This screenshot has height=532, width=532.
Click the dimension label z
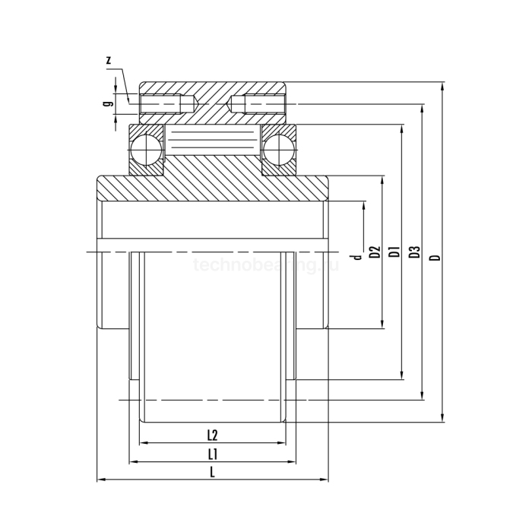(109, 59)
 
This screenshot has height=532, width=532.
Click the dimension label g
(108, 99)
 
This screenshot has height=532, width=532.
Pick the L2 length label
(213, 435)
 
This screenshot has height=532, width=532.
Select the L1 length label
(214, 454)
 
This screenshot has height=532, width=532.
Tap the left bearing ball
(144, 148)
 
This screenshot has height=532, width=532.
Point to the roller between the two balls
(212, 142)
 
